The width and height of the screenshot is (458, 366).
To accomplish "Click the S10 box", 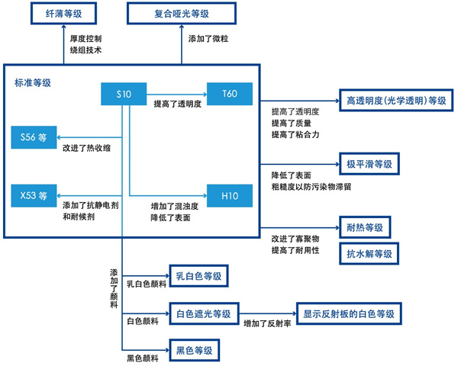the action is pos(124,94).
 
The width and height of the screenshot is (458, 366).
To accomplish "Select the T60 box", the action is pos(230,94).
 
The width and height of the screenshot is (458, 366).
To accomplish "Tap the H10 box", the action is pos(230,195).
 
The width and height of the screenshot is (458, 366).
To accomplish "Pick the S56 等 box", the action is pos(34,137).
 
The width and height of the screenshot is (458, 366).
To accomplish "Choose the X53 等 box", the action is pos(34,195).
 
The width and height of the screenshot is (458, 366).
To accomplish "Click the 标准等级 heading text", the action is pos(33,83).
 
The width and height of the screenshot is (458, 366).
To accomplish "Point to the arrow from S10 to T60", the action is pos(177,95).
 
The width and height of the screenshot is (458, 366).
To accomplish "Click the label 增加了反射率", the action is pos(267,323).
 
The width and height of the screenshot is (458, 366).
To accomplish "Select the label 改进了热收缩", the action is pos(87,148).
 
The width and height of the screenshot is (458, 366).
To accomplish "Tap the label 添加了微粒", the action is pos(208,39).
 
